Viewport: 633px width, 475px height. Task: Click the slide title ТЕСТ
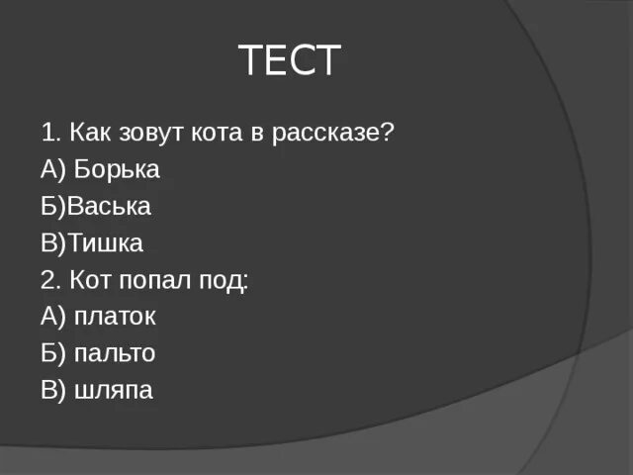point(289,61)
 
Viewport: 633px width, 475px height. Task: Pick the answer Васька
point(109,207)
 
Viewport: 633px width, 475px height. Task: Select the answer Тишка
point(105,243)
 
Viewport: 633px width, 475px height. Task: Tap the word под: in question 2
point(226,280)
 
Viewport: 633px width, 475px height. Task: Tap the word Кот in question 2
point(91,280)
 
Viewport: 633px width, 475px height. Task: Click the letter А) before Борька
point(53,170)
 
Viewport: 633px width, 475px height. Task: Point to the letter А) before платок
point(53,317)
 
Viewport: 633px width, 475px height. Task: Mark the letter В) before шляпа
point(53,390)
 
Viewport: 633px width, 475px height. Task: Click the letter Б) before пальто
point(53,353)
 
